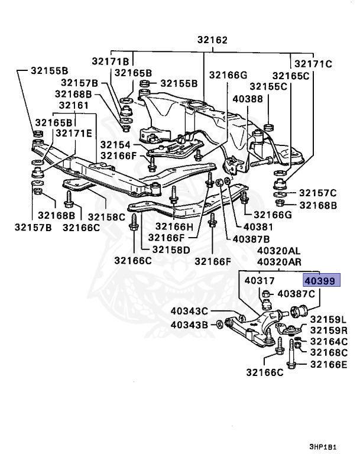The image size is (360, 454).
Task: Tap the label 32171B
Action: pyautogui.click(x=110, y=61)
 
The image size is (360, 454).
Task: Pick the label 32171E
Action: pyautogui.click(x=74, y=134)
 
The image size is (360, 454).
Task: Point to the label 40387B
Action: pyautogui.click(x=251, y=239)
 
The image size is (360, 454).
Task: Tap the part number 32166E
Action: pyautogui.click(x=329, y=364)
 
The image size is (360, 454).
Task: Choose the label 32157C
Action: pyautogui.click(x=317, y=193)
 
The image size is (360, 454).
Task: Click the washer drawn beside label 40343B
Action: pyautogui.click(x=219, y=324)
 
